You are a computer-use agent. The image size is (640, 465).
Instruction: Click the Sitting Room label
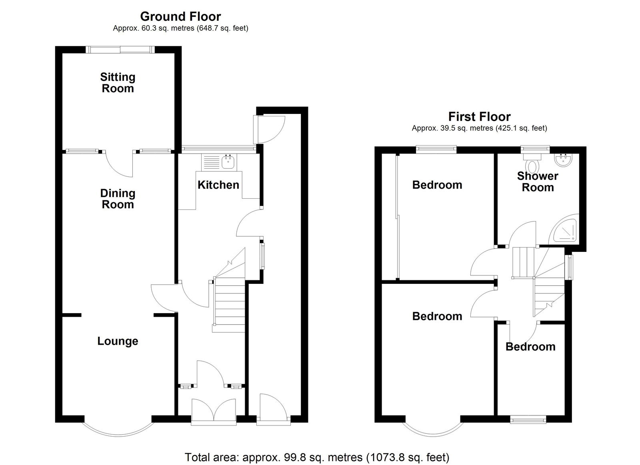tap(118, 83)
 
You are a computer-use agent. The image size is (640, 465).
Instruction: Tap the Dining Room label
tap(118, 199)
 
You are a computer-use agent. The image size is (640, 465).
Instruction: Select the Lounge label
tap(118, 341)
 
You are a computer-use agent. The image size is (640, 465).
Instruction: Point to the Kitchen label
tap(218, 185)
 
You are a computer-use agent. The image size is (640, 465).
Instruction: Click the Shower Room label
tap(538, 182)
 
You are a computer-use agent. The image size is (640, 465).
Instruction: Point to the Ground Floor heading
tap(180, 16)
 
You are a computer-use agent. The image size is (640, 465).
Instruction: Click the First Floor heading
tap(480, 116)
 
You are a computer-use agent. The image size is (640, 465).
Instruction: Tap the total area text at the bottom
tap(317, 457)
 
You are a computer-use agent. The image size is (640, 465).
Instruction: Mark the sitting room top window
tap(120, 50)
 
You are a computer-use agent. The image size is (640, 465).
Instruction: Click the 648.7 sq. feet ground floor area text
tap(223, 28)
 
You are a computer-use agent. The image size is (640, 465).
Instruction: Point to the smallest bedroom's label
tap(530, 347)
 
